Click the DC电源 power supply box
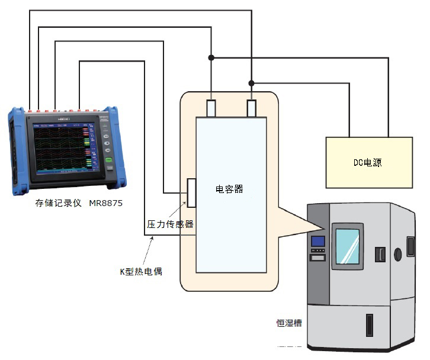pos(369,162)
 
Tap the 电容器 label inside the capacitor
pos(229,189)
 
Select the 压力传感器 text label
pos(170,224)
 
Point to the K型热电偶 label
pos(141,272)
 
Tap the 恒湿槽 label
pos(289,323)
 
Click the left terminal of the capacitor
pos(211,108)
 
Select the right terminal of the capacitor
pos(251,108)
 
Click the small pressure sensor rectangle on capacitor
pos(191,193)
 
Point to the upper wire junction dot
pos(211,57)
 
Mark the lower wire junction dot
pos(251,82)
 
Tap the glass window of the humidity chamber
pos(347,246)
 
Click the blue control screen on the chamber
pos(318,241)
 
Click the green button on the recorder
pos(108,160)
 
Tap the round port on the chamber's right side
pos(397,254)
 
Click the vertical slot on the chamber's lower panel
pos(370,325)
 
